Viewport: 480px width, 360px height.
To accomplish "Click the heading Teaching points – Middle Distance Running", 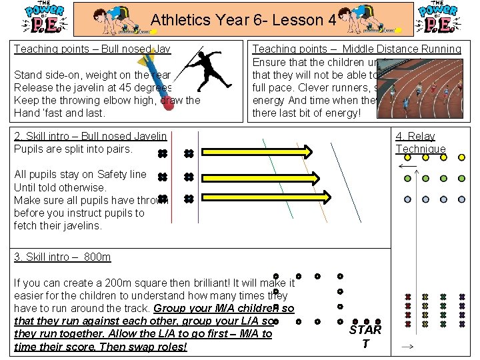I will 356,49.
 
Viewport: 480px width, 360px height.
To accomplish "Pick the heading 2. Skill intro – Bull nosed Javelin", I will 90,136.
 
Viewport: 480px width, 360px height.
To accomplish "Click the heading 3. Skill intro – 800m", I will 63,257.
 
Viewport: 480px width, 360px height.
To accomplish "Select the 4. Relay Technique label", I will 420,143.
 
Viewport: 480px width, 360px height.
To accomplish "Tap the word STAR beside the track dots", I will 365,329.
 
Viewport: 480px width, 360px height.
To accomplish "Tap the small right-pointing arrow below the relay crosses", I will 407,347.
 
